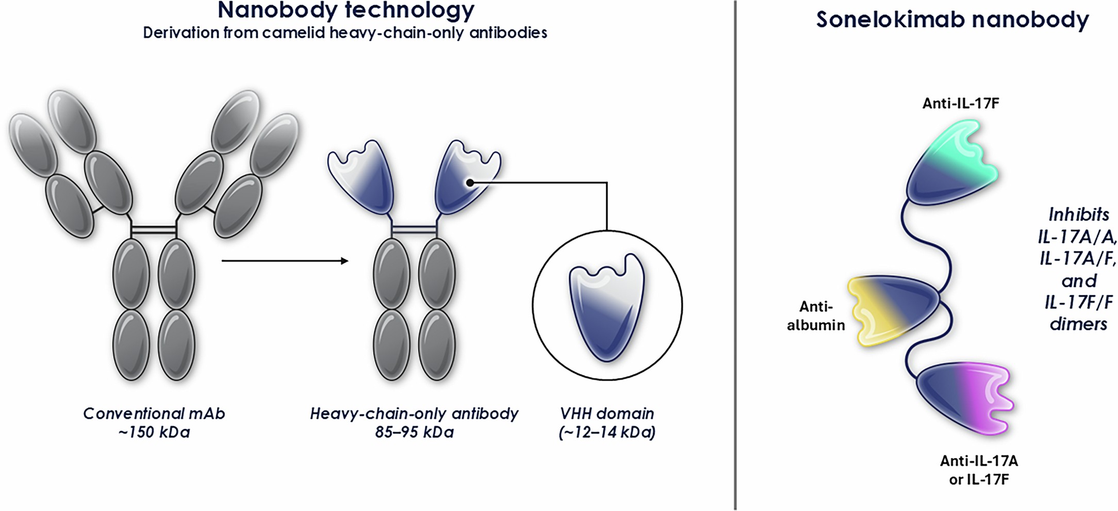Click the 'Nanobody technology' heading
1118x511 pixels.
pyautogui.click(x=346, y=10)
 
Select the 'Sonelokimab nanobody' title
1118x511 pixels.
pyautogui.click(x=952, y=20)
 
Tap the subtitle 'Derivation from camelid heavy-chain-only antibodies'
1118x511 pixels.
pyautogui.click(x=345, y=33)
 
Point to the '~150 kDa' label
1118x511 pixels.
pyautogui.click(x=154, y=432)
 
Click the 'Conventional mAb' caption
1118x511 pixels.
pyautogui.click(x=154, y=414)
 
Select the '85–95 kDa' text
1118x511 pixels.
pyautogui.click(x=414, y=432)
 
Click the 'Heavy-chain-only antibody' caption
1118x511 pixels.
pyautogui.click(x=414, y=414)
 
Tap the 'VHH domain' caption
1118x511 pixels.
pyautogui.click(x=607, y=414)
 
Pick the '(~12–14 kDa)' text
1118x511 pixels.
pyautogui.click(x=607, y=432)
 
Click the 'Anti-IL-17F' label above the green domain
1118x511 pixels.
pyautogui.click(x=961, y=104)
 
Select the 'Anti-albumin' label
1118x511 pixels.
pyautogui.click(x=816, y=316)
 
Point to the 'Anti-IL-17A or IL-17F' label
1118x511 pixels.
pyautogui.click(x=979, y=470)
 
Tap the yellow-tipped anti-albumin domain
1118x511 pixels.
pyautogui.click(x=892, y=309)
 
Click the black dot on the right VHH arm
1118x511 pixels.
pyautogui.click(x=470, y=183)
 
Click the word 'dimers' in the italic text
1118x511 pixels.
pyautogui.click(x=1078, y=324)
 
